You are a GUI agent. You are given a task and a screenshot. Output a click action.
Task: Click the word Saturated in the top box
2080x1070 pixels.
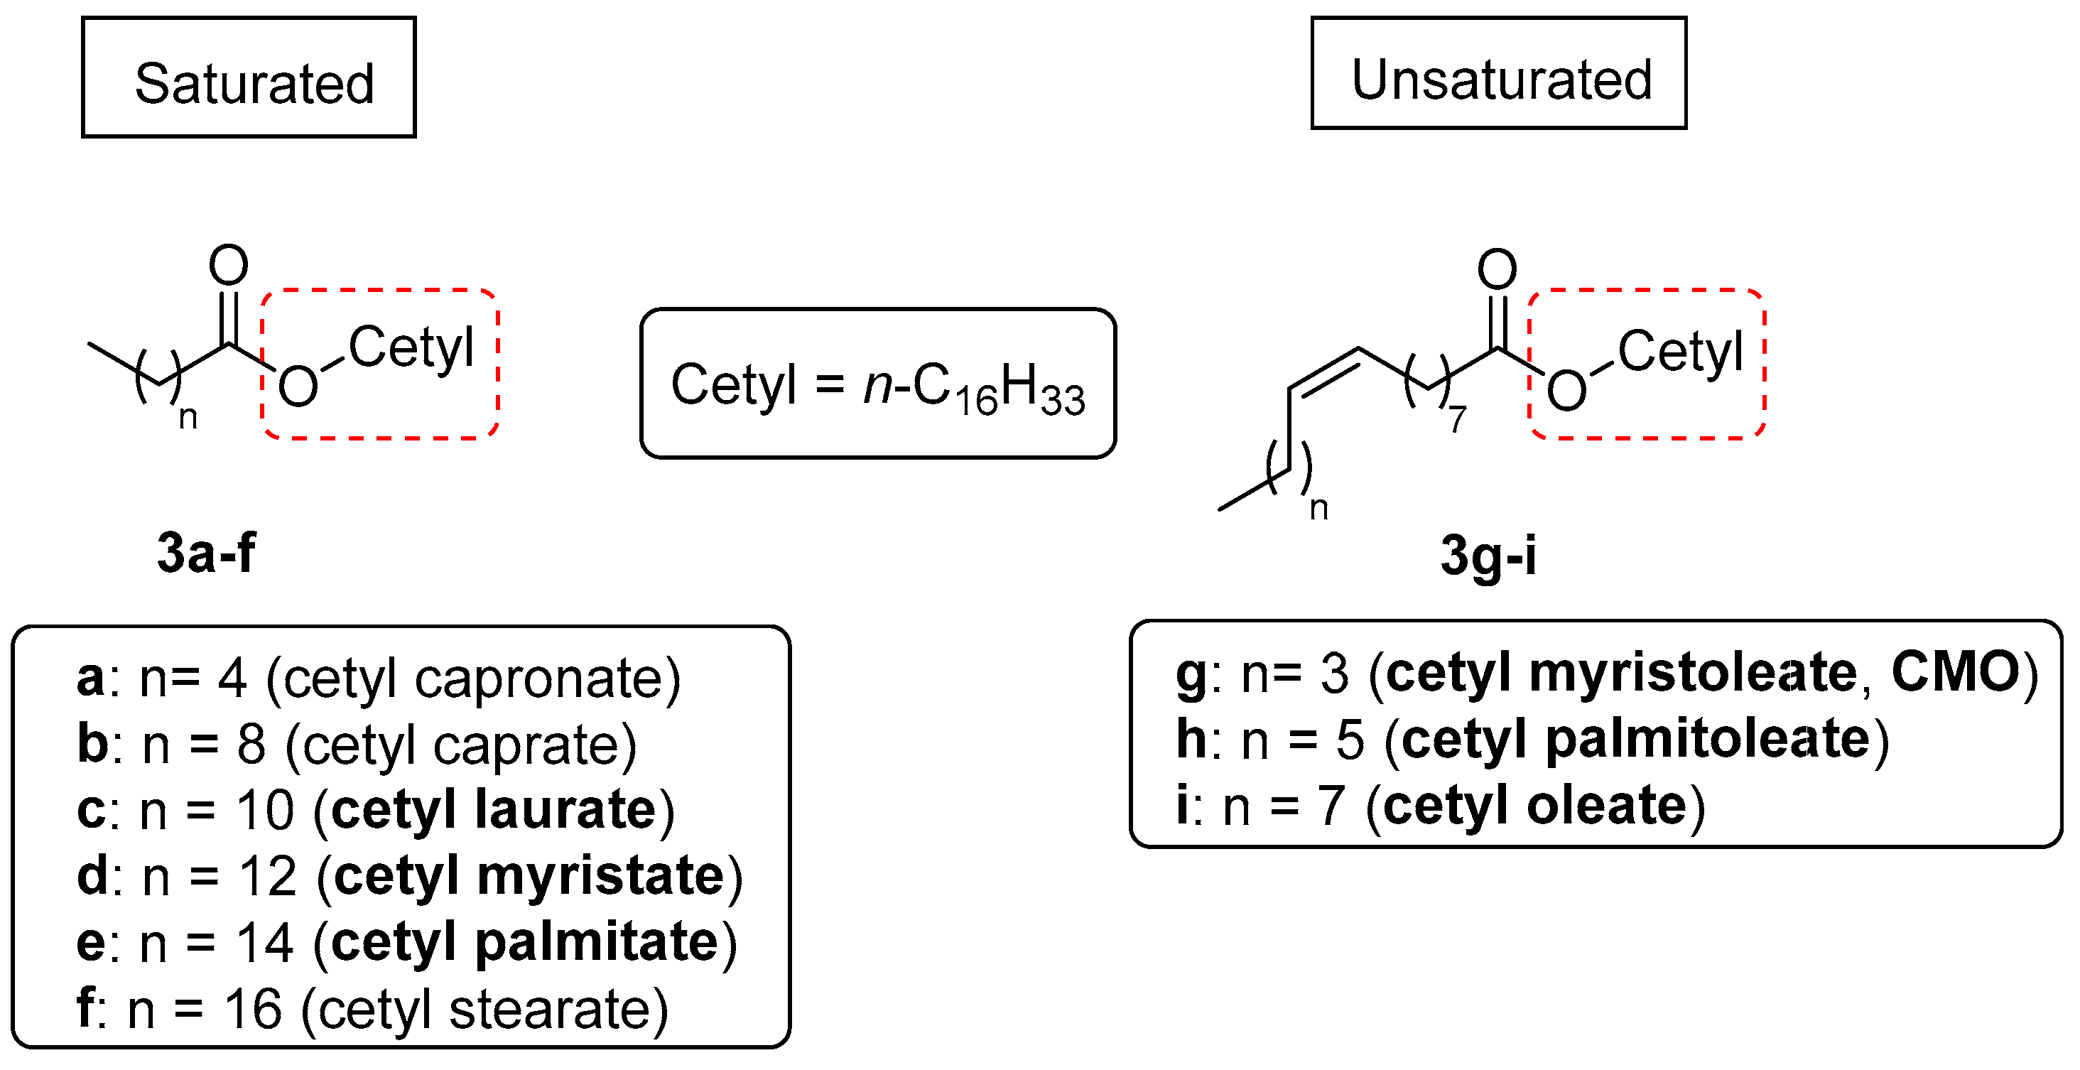254,83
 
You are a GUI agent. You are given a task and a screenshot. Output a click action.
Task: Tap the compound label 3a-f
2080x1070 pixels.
207,553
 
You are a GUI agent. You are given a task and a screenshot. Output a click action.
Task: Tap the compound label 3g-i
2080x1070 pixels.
1488,556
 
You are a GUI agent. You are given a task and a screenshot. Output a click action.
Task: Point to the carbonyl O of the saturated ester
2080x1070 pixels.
229,265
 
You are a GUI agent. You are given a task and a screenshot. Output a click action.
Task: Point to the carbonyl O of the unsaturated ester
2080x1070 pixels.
1497,269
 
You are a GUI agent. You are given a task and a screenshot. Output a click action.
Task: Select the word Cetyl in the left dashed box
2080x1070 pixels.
411,349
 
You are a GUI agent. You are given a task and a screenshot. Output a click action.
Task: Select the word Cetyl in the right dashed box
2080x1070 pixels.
1680,352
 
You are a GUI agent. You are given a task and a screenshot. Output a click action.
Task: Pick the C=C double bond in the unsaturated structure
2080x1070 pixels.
1324,371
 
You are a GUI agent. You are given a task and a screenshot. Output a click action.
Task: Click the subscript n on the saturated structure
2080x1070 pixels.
188,418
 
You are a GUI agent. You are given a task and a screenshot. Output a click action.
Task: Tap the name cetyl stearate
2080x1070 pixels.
484,1010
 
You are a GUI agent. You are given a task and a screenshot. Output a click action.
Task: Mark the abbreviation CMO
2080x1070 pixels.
1955,672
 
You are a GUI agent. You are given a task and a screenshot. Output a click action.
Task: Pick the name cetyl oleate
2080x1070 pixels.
1535,806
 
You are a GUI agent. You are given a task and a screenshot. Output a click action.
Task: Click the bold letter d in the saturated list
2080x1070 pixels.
92,876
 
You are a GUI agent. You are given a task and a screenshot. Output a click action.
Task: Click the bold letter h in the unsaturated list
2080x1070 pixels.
1191,739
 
